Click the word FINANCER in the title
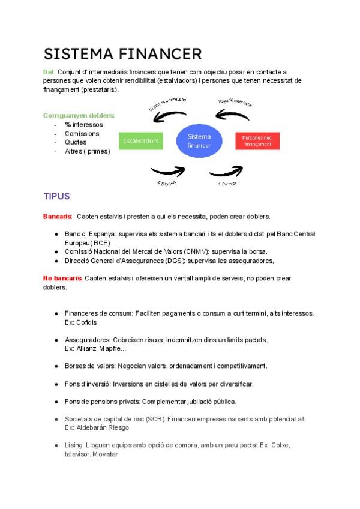tap(161, 54)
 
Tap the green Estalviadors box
tap(141, 142)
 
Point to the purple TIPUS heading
tap(56, 196)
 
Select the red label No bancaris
tap(63, 279)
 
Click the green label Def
tap(49, 72)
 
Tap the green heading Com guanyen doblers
tap(79, 115)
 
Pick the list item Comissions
tap(82, 133)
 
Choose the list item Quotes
tap(76, 142)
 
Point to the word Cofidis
tap(76, 322)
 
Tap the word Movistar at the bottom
tap(105, 454)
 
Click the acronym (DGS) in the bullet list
tap(172, 261)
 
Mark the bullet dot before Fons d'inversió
tap(56, 384)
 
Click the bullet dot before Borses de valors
tap(56, 366)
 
